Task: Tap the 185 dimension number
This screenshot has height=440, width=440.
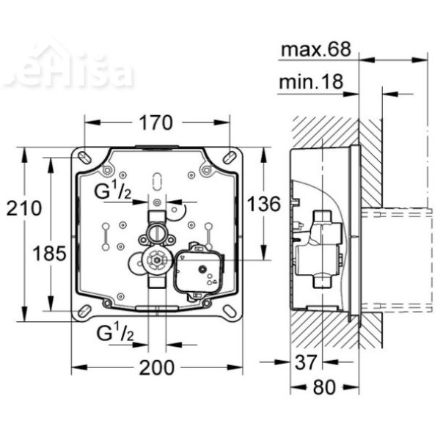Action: tap(50, 253)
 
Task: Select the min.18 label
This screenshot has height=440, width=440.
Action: tap(311, 83)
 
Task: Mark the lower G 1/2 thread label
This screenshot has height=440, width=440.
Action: tap(116, 334)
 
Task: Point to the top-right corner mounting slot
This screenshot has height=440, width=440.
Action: tap(232, 157)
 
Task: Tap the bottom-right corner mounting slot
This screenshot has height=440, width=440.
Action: tap(232, 311)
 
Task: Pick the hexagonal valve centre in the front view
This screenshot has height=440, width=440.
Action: tap(153, 260)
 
